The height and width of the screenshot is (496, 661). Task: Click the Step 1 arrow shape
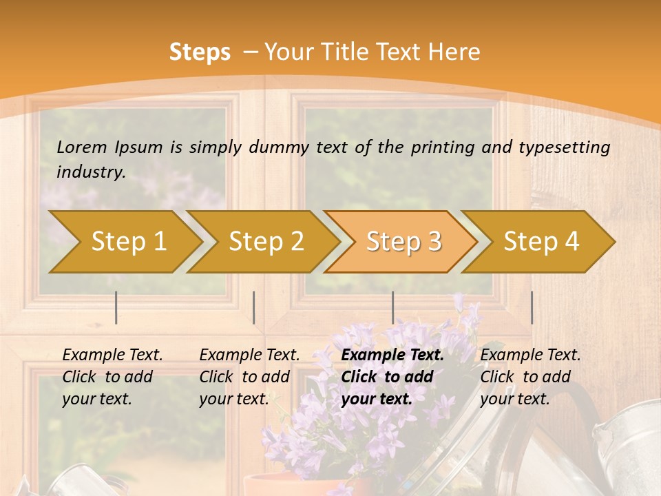pos(128,241)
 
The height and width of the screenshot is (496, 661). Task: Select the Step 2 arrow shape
pos(266,241)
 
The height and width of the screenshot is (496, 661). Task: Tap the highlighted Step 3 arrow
pos(403,241)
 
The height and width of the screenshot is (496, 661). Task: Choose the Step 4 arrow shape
pos(541,241)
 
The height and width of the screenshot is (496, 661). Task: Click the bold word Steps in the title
pos(200,52)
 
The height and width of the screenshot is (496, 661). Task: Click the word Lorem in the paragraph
pos(82,147)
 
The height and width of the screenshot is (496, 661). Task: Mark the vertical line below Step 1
pos(116,307)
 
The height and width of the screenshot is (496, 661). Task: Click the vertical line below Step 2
pos(254,307)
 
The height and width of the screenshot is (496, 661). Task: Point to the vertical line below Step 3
pos(393,307)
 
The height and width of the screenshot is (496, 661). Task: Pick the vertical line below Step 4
pos(532,307)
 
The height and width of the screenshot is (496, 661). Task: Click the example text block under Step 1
pos(112,377)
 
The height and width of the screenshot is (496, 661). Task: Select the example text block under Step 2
pos(249,377)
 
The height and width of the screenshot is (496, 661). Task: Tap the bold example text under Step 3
pos(392,377)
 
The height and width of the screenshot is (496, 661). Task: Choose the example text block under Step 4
pos(530,377)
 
